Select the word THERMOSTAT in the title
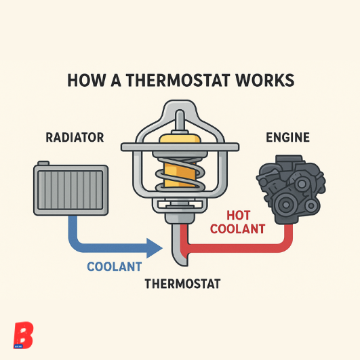pos(178,80)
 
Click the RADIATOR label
pos(75,138)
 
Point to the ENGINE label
pos(287,138)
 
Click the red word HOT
pos(239,216)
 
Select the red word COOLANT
pos(238,229)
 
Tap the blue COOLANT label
pos(115,266)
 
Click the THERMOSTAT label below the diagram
pos(183,283)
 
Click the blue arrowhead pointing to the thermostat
pos(155,248)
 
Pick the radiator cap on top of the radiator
pos(43,163)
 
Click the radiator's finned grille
pos(71,190)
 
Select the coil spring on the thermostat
pos(180,174)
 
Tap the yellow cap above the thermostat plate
pos(180,139)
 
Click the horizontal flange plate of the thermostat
pos(180,146)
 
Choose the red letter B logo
pos(23,335)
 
